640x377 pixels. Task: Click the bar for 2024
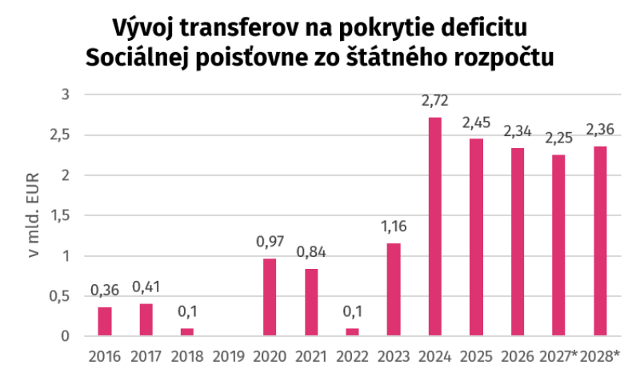coord(434,227)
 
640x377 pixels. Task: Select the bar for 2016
coord(105,322)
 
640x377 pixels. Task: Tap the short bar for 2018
coord(187,332)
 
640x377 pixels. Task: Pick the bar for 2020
coord(270,297)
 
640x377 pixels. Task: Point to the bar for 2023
coord(394,290)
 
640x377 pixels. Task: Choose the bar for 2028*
coord(600,241)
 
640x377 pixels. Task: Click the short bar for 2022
coord(352,332)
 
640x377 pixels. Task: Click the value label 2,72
coord(434,101)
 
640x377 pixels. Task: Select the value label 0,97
coord(270,242)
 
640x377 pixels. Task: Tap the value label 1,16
coord(394,227)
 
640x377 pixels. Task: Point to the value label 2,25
coord(558,138)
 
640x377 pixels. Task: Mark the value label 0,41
coord(146,287)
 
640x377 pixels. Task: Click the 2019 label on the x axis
coord(229,356)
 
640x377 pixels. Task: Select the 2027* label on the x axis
coord(558,356)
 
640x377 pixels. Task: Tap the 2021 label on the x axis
coord(311,356)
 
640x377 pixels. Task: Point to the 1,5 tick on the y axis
coord(60,215)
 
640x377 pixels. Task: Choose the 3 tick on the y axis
coord(66,94)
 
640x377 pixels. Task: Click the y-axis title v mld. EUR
coord(34,215)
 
